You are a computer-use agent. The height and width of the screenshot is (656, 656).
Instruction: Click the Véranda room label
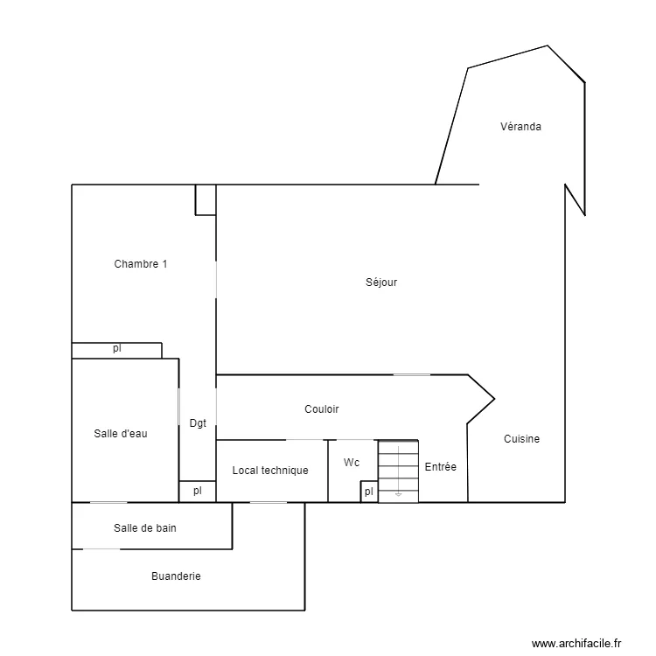pos(520,126)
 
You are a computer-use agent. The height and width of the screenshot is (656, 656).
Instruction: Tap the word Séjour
pos(381,283)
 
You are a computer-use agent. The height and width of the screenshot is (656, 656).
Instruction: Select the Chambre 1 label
pos(141,264)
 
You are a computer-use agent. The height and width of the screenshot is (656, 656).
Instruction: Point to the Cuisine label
pos(521,439)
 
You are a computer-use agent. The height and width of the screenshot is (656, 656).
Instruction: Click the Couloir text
pos(322,409)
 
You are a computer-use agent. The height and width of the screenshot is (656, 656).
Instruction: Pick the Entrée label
pos(441,467)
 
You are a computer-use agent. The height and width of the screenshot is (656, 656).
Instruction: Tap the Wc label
pos(352,463)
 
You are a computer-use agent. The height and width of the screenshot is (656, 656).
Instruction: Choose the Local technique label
pos(270,471)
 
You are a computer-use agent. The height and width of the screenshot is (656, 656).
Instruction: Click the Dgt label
pos(198,423)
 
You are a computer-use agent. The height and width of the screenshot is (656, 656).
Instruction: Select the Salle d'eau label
pos(121,434)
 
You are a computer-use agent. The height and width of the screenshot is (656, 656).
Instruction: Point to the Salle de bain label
pos(144,528)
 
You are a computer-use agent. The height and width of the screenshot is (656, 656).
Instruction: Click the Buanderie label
pos(176,576)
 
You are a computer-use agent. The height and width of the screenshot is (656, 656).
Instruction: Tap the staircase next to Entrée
pos(398,471)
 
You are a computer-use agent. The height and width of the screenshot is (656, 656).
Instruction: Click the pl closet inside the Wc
pos(369,492)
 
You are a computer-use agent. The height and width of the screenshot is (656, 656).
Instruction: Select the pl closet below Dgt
pos(198,492)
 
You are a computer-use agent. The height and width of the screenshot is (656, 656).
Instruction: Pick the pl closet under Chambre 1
pos(116,351)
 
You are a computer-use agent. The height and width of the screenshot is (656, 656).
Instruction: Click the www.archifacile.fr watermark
pos(576,644)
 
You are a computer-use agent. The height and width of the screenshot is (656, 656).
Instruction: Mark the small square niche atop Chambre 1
pos(206,200)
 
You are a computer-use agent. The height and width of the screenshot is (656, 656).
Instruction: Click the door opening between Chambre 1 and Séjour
pos(216,280)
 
